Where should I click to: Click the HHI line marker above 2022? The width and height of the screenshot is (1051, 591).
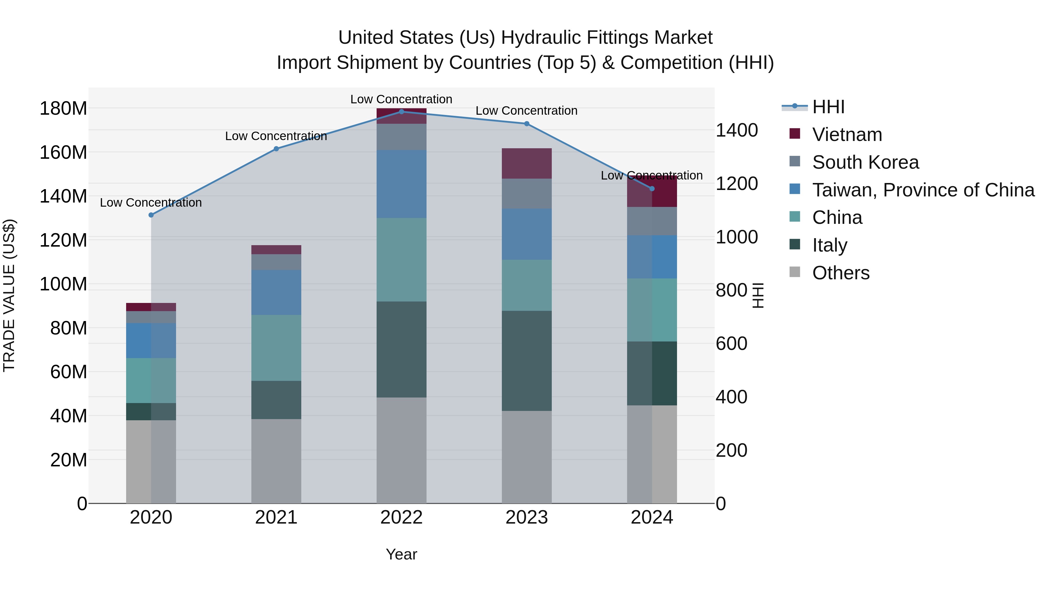point(401,111)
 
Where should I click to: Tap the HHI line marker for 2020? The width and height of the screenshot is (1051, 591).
point(151,215)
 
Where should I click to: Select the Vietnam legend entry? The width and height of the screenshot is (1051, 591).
point(847,135)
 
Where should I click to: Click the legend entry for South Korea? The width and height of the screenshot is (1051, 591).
point(865,162)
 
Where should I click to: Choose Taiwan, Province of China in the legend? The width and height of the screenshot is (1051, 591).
point(923,190)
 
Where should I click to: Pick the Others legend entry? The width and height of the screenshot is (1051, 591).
point(841,273)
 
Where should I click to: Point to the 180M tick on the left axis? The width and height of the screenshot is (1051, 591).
point(63,109)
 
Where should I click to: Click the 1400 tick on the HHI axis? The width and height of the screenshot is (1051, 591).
point(737,130)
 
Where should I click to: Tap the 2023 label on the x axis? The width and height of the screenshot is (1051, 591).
point(526,517)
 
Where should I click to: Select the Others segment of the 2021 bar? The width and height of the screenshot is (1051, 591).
point(276,461)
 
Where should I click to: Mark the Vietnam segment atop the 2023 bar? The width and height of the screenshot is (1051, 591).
point(526,163)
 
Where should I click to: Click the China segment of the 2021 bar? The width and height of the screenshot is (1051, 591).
point(276,348)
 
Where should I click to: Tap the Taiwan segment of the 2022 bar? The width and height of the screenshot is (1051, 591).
point(401,184)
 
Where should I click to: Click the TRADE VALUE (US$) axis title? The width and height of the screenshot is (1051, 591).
point(9,295)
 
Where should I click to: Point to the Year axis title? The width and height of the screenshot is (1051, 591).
point(401,554)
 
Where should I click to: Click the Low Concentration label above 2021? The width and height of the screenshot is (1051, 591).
point(276,136)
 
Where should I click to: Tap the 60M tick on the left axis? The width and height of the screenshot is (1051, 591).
point(69,372)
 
